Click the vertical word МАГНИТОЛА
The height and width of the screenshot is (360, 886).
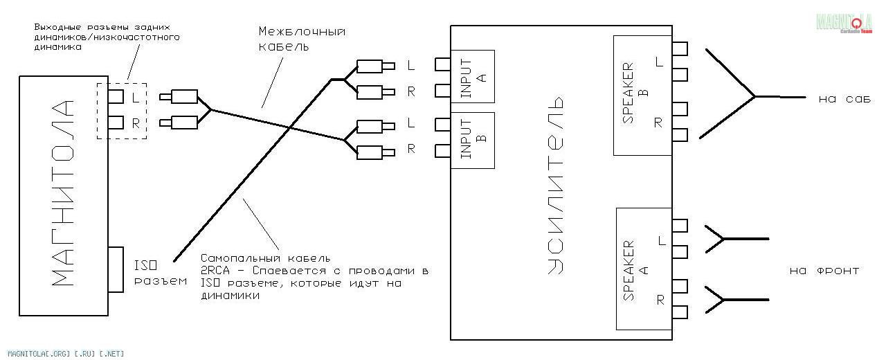coord(63,193)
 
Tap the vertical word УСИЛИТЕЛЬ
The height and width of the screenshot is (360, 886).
coord(555,185)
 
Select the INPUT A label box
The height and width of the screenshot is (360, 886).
coord(473,76)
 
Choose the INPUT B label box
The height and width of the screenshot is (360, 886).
coord(473,141)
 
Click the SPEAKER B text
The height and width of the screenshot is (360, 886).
coord(635,93)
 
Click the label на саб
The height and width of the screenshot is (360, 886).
coord(844,99)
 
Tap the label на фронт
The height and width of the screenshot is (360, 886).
coord(824,271)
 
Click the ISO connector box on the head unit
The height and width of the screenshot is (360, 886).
coord(116,270)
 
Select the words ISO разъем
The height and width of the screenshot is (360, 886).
coord(160,273)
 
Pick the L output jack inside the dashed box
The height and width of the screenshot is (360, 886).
coord(116,96)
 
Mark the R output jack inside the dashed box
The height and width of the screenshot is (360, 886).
coord(116,123)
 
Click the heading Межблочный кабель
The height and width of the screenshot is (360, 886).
coord(302,39)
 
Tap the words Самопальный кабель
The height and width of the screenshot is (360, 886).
coord(265,258)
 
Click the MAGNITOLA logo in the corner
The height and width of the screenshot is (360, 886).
coord(844,23)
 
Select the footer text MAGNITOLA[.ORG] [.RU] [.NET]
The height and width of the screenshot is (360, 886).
coord(66,354)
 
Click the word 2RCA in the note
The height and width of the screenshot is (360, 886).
coord(215,271)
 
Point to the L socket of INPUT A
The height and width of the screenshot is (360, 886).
coord(442,64)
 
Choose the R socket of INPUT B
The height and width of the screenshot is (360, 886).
coord(442,151)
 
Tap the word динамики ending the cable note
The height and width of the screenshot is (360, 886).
coord(230,296)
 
